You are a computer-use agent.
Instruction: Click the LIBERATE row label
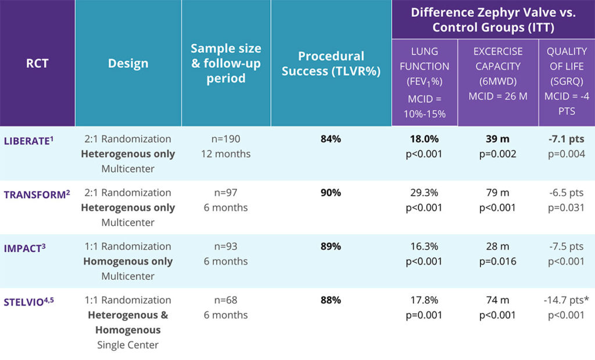coord(34,139)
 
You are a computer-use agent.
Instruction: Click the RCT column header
coord(37,63)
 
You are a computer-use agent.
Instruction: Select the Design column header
coord(128,63)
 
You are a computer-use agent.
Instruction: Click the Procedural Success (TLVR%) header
coord(331,63)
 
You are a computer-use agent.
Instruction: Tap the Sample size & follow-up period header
coord(226,63)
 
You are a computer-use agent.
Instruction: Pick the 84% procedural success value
coord(331,139)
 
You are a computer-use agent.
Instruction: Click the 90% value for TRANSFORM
coord(331,193)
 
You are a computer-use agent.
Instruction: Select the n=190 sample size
coord(226,139)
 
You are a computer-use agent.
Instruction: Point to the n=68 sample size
coord(226,300)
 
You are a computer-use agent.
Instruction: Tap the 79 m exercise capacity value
coord(497,193)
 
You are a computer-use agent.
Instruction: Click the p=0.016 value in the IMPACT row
coord(497,261)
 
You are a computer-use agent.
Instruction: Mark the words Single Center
coord(128,344)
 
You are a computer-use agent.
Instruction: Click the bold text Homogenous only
coord(128,261)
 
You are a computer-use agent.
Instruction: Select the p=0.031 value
coord(566,207)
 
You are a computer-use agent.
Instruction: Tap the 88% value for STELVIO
coord(331,300)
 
